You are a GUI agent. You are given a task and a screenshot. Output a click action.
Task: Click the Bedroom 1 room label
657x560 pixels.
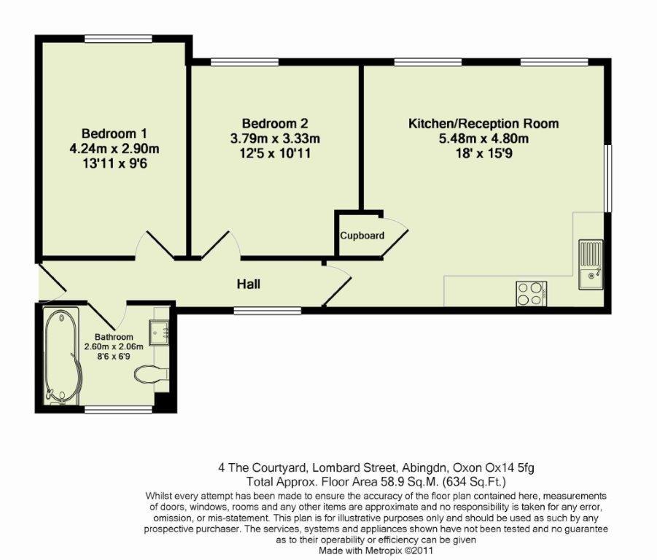114,133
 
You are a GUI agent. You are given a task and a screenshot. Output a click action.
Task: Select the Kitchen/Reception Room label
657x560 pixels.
483,123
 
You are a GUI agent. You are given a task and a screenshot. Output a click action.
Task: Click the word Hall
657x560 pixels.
248,284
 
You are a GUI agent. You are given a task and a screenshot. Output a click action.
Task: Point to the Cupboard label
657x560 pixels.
362,236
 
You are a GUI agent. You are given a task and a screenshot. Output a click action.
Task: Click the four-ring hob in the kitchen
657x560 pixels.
532,293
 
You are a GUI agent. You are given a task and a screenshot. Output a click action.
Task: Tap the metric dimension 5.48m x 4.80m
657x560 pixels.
483,139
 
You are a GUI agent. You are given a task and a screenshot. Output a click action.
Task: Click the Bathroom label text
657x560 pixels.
113,337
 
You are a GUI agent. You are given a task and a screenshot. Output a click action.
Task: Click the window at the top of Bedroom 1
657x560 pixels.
117,38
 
